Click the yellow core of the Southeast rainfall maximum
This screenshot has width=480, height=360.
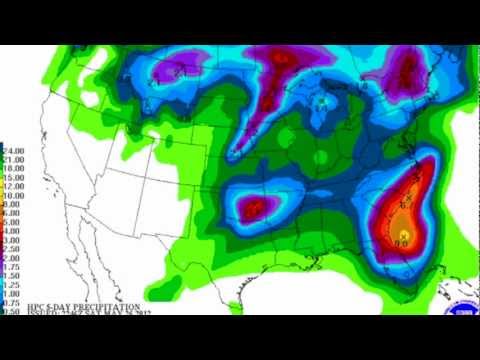tap(402, 236)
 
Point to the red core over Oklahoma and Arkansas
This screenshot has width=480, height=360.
tap(254, 207)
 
